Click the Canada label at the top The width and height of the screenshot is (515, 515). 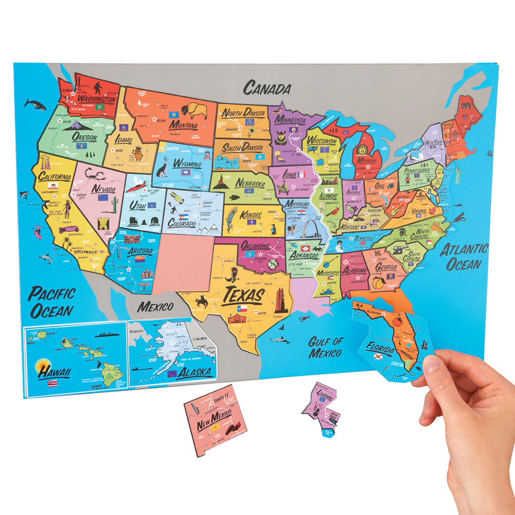pos(267,88)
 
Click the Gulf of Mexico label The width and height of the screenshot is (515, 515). pos(325,347)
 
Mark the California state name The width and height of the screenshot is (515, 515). pos(54,177)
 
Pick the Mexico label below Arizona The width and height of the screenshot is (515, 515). pos(155,307)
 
